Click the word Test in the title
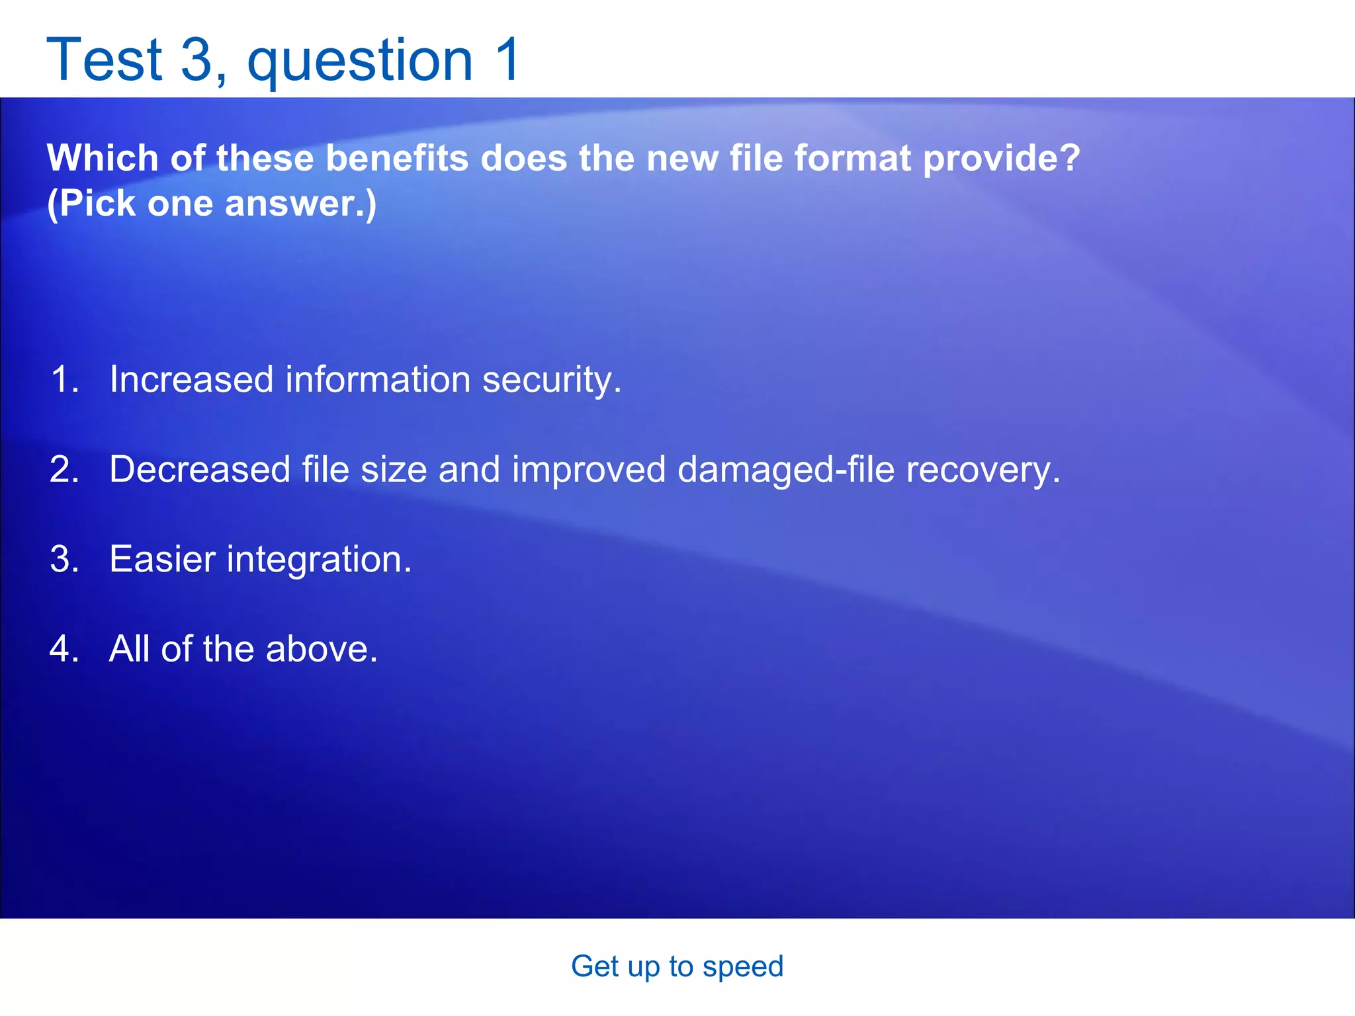105,60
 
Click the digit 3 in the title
196,60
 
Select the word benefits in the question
397,159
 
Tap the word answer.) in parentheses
301,204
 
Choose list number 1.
64,380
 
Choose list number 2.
64,470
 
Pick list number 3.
64,560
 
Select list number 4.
64,649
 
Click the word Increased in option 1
191,380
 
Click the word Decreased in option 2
200,470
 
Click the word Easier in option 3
162,560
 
